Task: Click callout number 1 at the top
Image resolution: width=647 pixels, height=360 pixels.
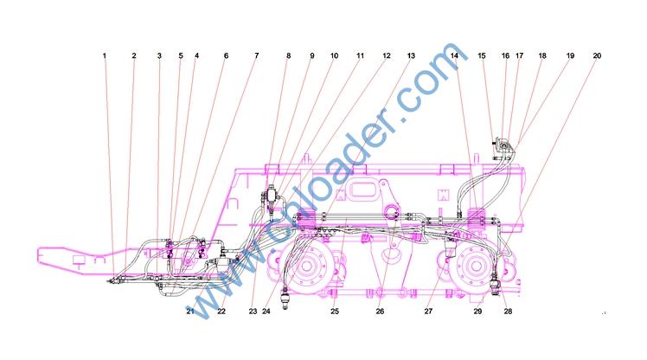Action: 105,55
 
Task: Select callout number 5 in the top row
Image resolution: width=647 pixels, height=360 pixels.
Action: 181,55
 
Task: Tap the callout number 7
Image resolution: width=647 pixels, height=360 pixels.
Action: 257,55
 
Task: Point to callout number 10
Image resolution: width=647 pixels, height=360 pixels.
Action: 334,55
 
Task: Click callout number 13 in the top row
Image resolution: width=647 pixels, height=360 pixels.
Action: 411,55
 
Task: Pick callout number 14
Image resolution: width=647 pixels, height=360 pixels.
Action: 454,55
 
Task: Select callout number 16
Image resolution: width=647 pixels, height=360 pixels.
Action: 505,55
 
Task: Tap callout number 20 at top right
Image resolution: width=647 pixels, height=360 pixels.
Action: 597,55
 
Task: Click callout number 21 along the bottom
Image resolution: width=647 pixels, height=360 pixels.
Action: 189,312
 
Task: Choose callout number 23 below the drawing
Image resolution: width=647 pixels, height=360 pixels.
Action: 253,312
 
